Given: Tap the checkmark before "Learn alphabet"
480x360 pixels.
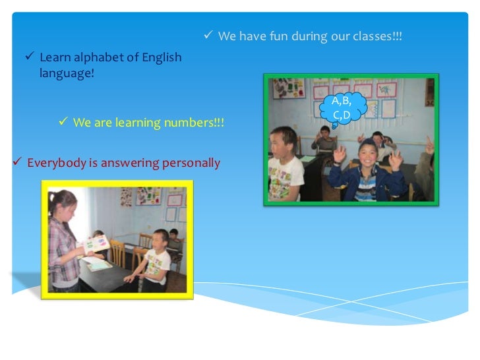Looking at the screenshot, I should [29, 57].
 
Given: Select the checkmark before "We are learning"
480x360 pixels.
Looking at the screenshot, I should [63, 122].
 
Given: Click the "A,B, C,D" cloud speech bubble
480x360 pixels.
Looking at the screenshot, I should [341, 108].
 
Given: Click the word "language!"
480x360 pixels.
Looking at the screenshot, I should [67, 73].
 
